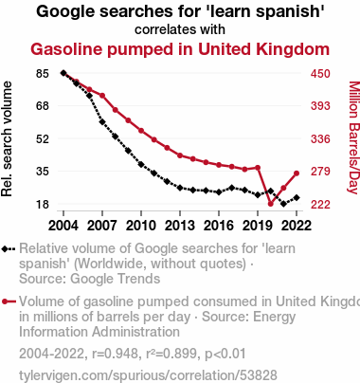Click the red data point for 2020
pos(271,204)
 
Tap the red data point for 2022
pos(297,173)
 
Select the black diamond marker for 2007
pos(102,121)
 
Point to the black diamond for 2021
pos(283,204)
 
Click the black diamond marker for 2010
pos(141,164)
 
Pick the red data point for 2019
pos(258,168)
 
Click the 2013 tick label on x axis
pos(180,226)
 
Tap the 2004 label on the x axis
pos(63,226)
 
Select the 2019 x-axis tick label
pos(258,226)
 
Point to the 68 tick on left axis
pos(43,106)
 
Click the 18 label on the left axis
pos(43,205)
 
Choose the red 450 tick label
pos(320,74)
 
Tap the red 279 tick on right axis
pos(320,172)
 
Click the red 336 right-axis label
pos(320,138)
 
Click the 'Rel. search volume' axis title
pos(7,139)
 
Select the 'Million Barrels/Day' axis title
pos(354,137)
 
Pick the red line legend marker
pos(9,301)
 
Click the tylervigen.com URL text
pos(148,375)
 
